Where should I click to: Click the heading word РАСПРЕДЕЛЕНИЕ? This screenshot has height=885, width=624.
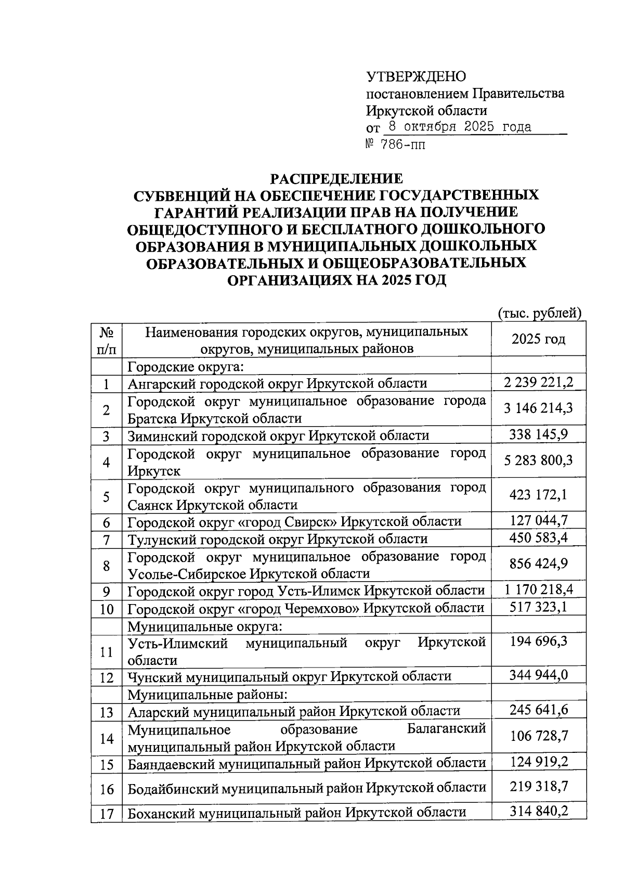[336, 179]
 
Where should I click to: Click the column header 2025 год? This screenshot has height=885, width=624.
[538, 340]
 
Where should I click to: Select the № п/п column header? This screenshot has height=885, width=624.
[107, 340]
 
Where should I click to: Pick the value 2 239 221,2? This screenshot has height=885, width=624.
[538, 383]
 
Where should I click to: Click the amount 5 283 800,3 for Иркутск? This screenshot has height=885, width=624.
[538, 461]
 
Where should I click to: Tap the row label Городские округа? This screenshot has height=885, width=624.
[186, 367]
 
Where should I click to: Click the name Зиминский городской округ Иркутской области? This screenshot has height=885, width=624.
[279, 435]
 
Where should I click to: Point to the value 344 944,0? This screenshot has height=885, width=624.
[538, 676]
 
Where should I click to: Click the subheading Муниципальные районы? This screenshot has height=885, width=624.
[207, 694]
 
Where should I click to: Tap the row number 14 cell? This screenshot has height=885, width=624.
[107, 737]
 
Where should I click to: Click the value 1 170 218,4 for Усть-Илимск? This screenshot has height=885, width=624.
[538, 590]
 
